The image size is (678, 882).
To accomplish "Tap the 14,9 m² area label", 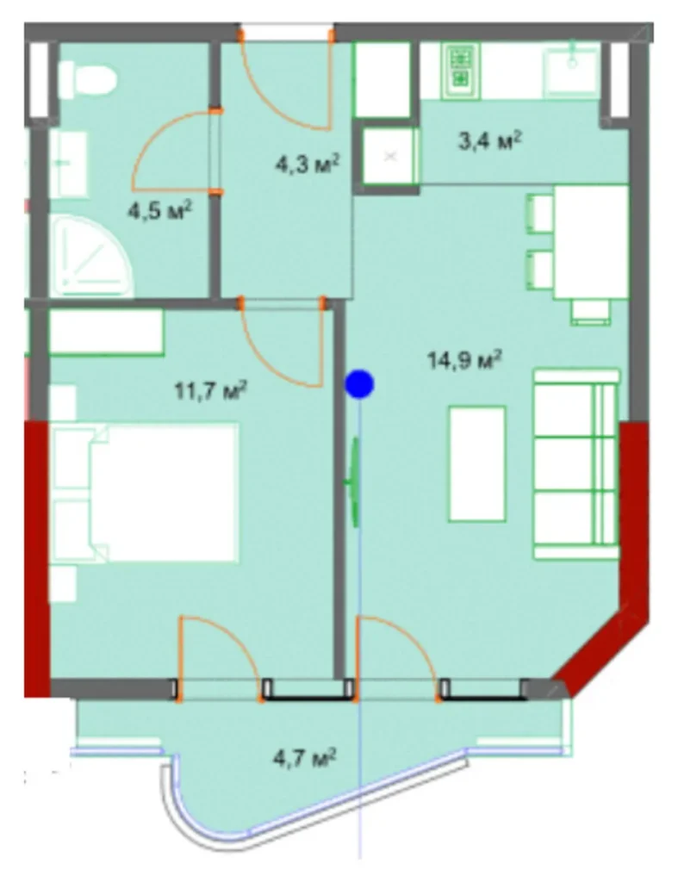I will coord(464,360).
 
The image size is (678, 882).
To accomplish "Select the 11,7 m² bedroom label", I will coord(211,393).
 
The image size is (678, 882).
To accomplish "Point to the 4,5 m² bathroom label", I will coord(159,209).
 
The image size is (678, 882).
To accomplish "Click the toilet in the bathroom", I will coord(86,80).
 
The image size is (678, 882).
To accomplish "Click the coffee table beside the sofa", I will coord(476,463).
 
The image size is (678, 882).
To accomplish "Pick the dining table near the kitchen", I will coord(590,241).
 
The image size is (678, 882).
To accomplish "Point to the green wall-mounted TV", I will coord(352,482).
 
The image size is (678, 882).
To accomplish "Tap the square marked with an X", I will coord(390,156).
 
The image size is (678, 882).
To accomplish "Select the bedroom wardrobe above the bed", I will coord(106,332).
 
